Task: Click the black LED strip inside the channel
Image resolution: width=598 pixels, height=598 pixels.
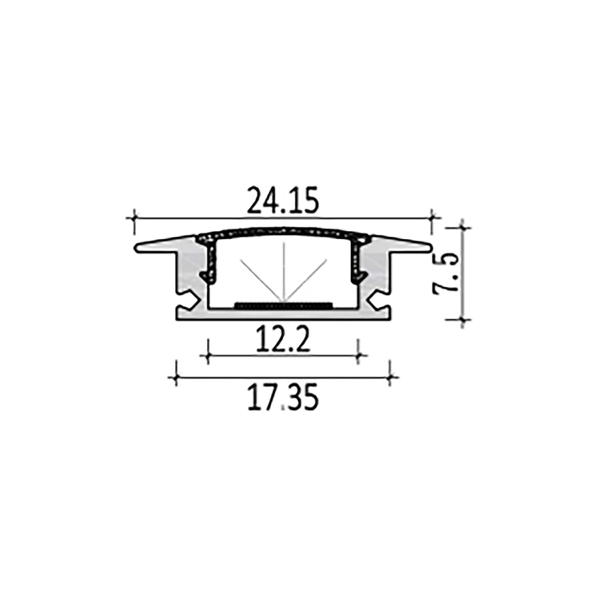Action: [x=283, y=303]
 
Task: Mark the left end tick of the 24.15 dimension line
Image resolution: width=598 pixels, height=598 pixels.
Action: [x=134, y=218]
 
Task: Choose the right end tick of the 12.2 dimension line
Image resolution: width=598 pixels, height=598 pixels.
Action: [x=358, y=355]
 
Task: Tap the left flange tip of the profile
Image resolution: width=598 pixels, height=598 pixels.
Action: [x=137, y=247]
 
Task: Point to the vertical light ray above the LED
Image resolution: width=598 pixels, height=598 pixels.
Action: [x=283, y=272]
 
